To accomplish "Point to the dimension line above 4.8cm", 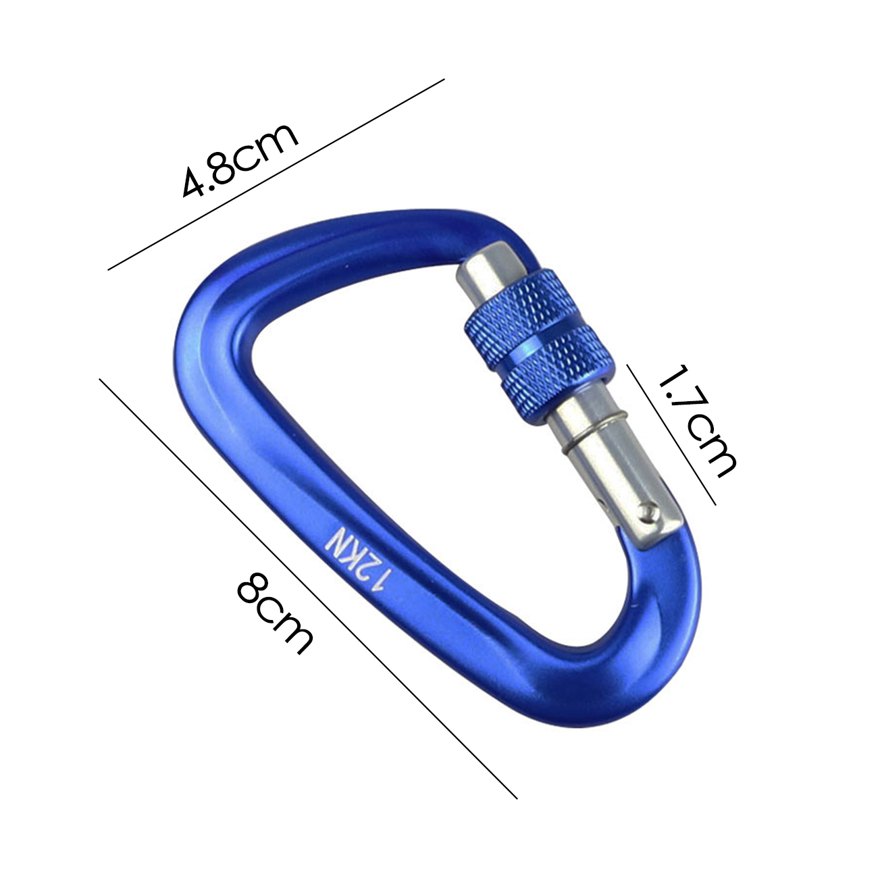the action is pyautogui.click(x=276, y=174).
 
